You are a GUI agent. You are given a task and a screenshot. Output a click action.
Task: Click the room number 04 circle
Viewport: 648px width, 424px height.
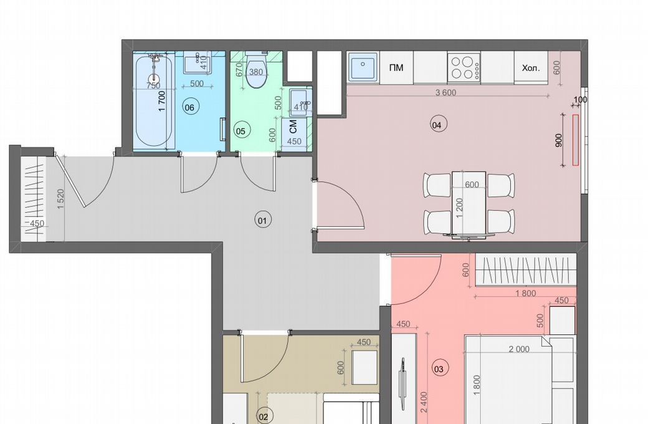tap(436, 125)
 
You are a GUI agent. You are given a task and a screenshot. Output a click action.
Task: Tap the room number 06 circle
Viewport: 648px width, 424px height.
tap(189, 107)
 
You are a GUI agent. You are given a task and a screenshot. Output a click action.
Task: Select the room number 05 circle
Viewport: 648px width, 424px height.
tap(240, 131)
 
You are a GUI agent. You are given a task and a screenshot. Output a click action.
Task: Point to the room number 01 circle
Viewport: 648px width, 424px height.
tap(262, 220)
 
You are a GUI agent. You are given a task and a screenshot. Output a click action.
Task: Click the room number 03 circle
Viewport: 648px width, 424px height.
tap(439, 369)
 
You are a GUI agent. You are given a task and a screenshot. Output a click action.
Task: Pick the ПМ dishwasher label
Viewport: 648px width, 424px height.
tap(396, 67)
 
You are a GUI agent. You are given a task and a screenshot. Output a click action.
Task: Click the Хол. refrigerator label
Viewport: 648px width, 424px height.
tap(531, 68)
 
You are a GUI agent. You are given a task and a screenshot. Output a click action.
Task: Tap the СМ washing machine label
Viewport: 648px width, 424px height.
tap(293, 127)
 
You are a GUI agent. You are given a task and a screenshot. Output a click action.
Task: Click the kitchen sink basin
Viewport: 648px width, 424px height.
tap(363, 67)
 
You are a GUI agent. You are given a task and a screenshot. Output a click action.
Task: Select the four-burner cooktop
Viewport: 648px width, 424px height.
tap(464, 67)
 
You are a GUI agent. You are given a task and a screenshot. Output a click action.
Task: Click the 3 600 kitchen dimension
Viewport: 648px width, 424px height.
tap(446, 92)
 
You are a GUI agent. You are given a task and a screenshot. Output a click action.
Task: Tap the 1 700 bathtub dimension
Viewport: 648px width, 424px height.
tap(161, 101)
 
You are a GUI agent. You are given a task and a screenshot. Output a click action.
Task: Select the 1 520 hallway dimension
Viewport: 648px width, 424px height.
tap(61, 199)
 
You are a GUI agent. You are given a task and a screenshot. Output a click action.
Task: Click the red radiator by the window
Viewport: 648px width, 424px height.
tap(575, 140)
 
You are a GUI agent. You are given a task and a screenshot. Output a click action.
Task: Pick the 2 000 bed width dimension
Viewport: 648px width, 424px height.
tap(519, 349)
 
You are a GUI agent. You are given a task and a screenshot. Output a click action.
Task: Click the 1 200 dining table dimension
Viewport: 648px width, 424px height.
tap(460, 208)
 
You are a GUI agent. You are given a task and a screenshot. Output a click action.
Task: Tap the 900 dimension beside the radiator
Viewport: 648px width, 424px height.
tap(559, 140)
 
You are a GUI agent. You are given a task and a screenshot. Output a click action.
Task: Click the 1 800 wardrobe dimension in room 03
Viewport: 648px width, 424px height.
tap(526, 293)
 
